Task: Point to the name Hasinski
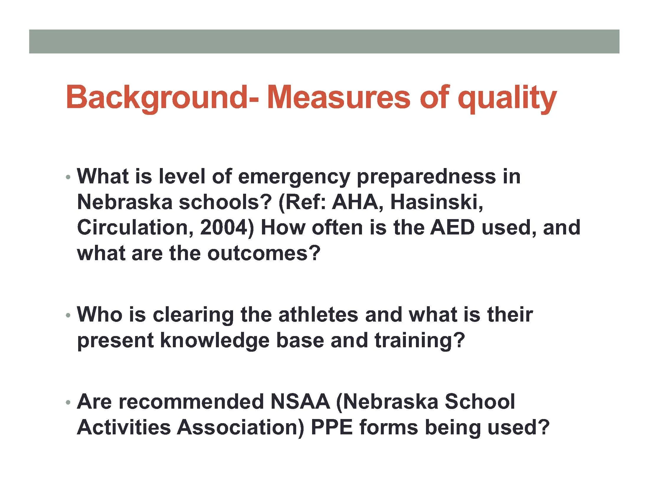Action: pyautogui.click(x=436, y=202)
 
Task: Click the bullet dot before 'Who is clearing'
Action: pyautogui.click(x=68, y=315)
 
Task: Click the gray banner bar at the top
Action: pyautogui.click(x=324, y=41)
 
